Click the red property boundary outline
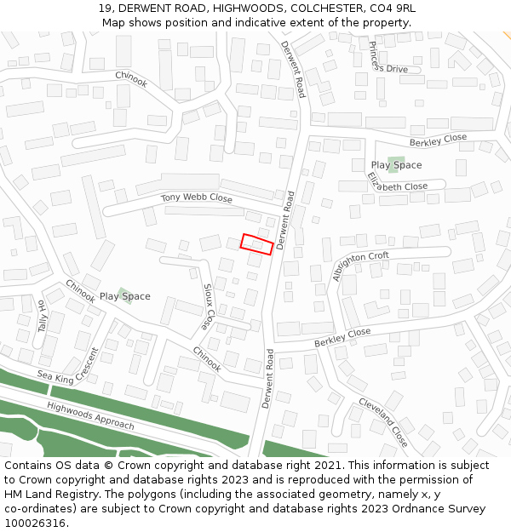(256, 243)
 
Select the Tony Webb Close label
(197, 197)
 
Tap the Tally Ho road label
(42, 315)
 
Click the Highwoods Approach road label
(90, 415)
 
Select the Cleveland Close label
(382, 421)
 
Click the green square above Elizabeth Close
(396, 163)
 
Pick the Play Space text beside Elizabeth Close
(396, 165)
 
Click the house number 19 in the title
(103, 9)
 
